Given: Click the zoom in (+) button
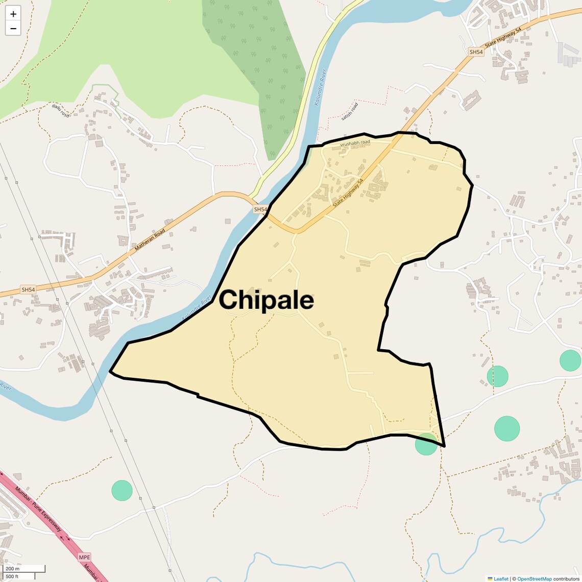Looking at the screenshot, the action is [x=13, y=14].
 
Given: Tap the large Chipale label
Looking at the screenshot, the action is [x=266, y=300].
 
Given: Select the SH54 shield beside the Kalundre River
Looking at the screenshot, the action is [x=260, y=209].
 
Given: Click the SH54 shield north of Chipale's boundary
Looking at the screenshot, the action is [x=476, y=52].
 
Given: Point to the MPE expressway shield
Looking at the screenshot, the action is [x=84, y=557].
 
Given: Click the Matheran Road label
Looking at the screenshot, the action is [x=150, y=239].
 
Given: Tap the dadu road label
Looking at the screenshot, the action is [x=60, y=111].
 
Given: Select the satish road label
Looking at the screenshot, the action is [x=350, y=112].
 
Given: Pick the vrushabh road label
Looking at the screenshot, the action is [x=355, y=143].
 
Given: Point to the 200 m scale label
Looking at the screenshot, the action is [x=12, y=569].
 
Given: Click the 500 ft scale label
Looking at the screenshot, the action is [x=12, y=576].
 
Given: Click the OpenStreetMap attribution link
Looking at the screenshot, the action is [x=534, y=579].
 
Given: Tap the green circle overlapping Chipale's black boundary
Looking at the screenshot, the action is [x=426, y=444].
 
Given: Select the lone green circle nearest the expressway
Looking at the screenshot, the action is [x=122, y=491].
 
